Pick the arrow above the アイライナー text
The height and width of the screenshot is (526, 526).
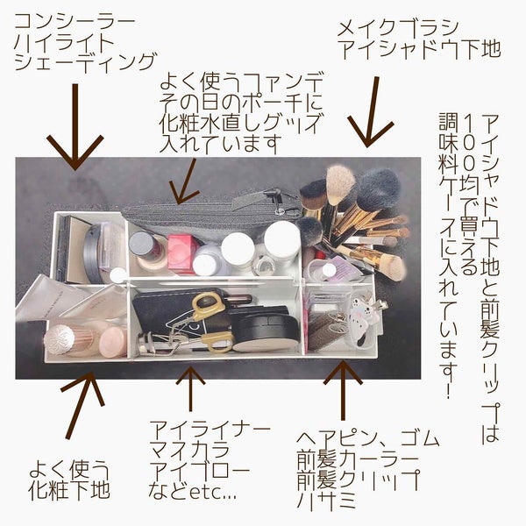point(192,387)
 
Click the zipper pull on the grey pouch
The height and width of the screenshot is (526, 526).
point(281,209)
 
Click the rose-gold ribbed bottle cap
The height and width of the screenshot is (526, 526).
point(61,337)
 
